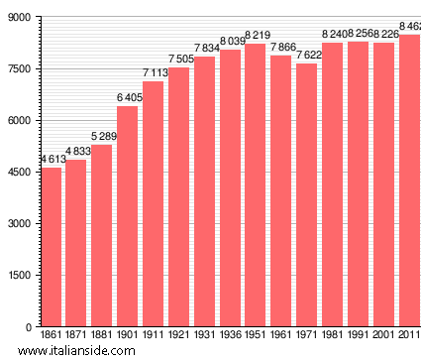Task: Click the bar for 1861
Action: point(51,247)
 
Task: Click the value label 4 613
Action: point(53,159)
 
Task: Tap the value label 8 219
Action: point(258,35)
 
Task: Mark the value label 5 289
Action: point(105,136)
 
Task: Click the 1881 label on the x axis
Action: point(102,337)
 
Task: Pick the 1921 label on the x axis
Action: point(178,337)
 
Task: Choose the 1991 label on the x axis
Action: point(358,337)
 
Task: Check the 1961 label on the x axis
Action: point(281,337)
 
